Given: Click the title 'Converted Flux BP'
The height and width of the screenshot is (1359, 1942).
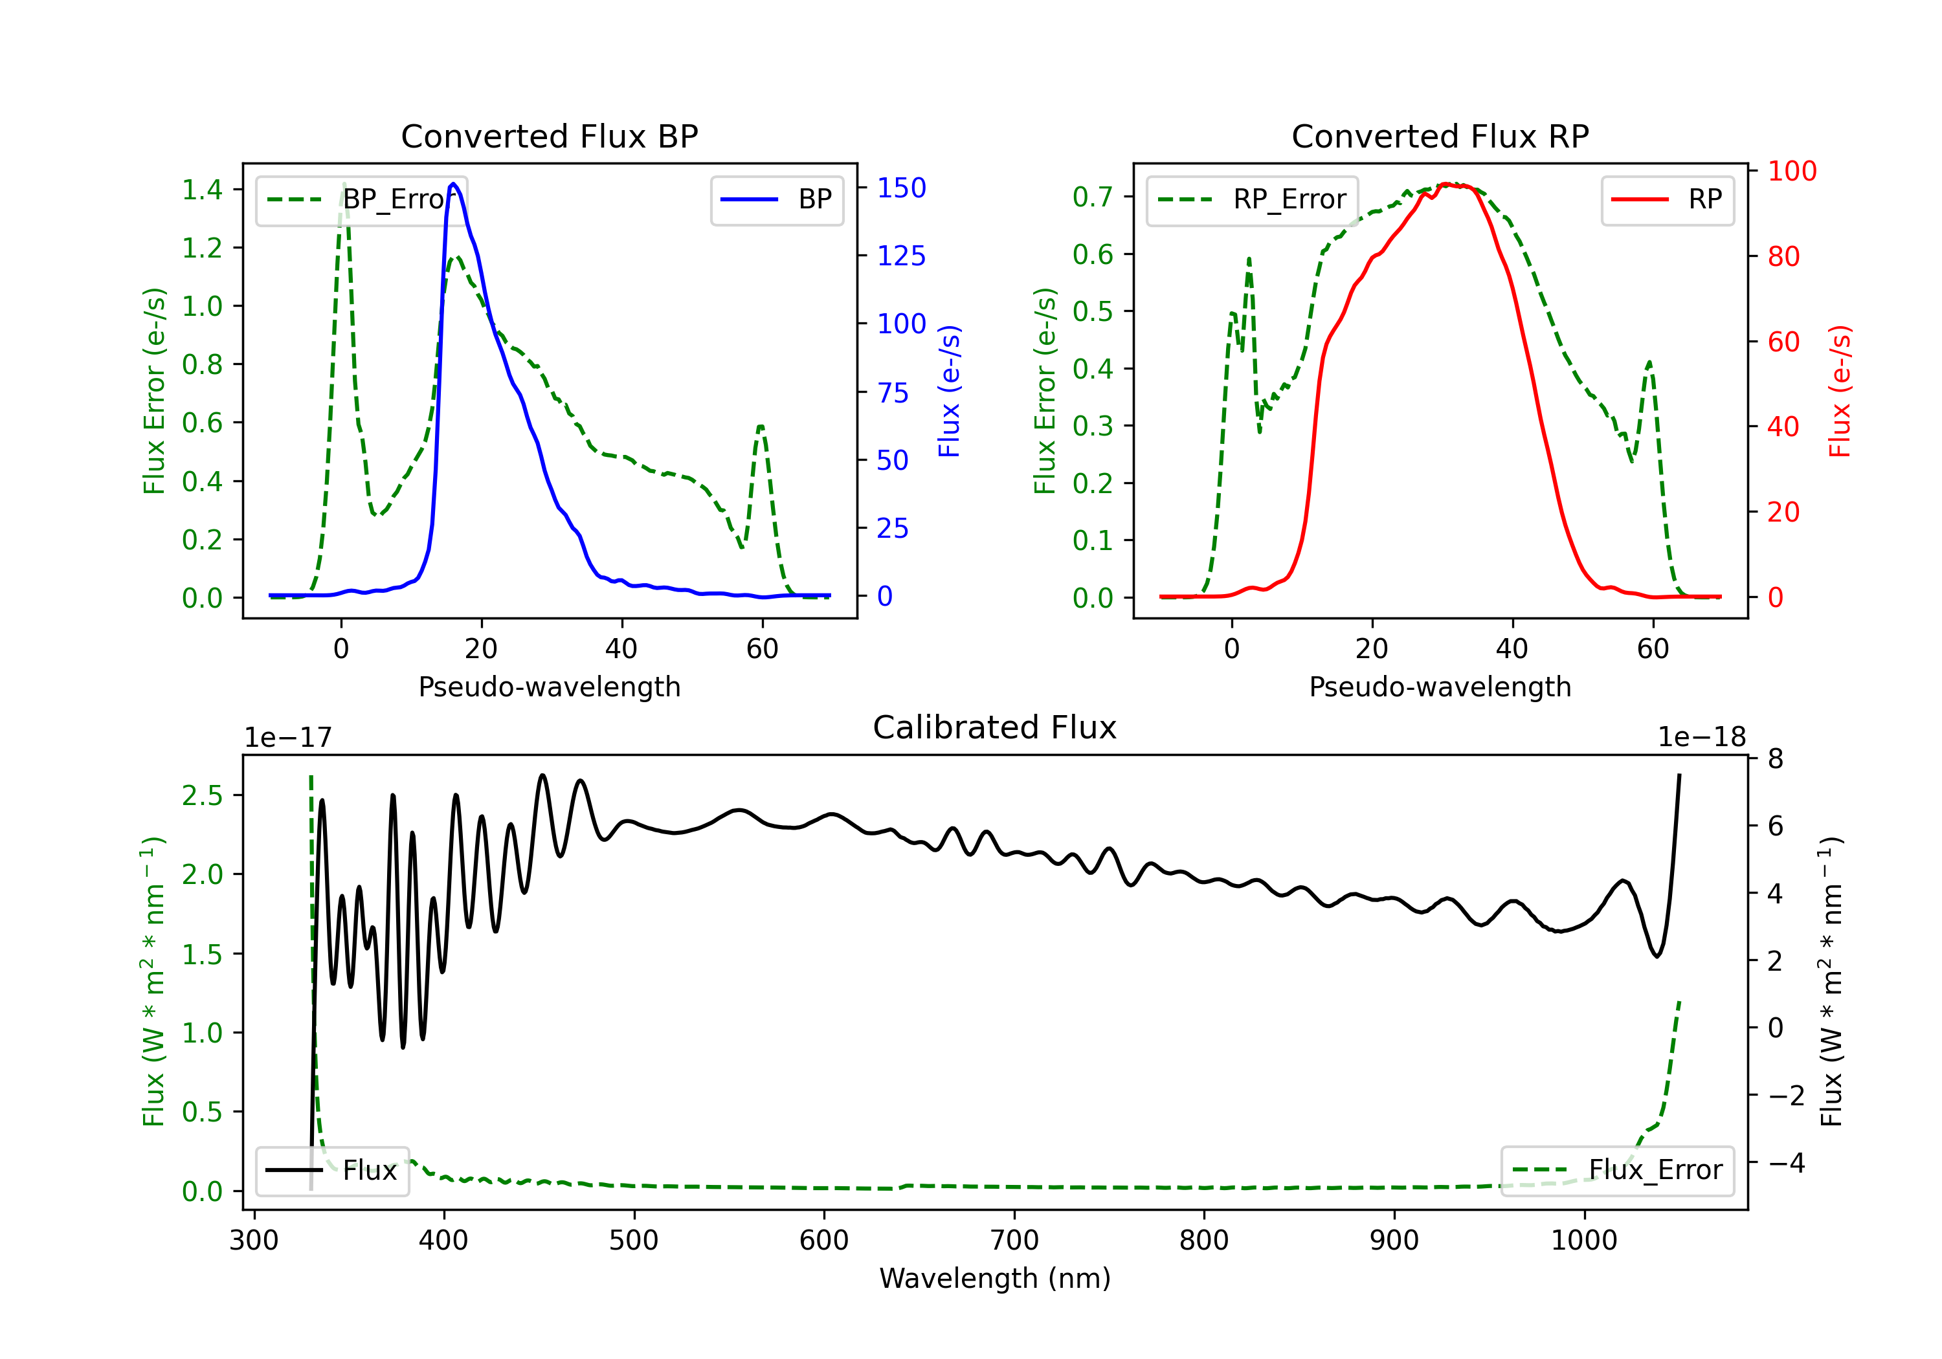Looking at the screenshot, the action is (x=550, y=136).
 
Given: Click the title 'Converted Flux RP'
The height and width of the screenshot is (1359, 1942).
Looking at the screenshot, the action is (x=1440, y=136).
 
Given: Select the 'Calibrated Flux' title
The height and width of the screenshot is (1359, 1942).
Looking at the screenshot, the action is (x=995, y=727).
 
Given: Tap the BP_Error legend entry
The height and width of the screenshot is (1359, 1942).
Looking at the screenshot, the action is (x=361, y=199).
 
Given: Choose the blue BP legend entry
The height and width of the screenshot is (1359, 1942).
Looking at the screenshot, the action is (x=776, y=199).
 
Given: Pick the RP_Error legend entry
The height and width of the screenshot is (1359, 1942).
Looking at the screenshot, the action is (x=1252, y=199).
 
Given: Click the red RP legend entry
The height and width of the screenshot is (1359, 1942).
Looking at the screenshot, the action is (x=1667, y=199).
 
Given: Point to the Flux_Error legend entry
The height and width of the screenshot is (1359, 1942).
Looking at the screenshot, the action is (x=1617, y=1171).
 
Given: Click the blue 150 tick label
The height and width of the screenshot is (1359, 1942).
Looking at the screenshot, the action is (x=902, y=188).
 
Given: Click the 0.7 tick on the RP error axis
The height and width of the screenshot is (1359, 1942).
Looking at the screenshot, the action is (x=1093, y=197).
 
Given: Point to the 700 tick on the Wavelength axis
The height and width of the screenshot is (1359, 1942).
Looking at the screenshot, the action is (x=1014, y=1241).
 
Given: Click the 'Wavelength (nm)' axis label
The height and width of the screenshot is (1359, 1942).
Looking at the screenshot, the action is (x=995, y=1279).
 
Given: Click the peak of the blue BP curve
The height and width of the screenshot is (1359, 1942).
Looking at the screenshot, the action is (x=453, y=184).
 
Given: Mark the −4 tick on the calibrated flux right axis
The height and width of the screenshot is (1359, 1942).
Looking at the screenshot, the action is (x=1787, y=1164).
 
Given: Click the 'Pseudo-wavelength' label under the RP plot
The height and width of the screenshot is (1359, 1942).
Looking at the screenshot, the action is (x=1440, y=687).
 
